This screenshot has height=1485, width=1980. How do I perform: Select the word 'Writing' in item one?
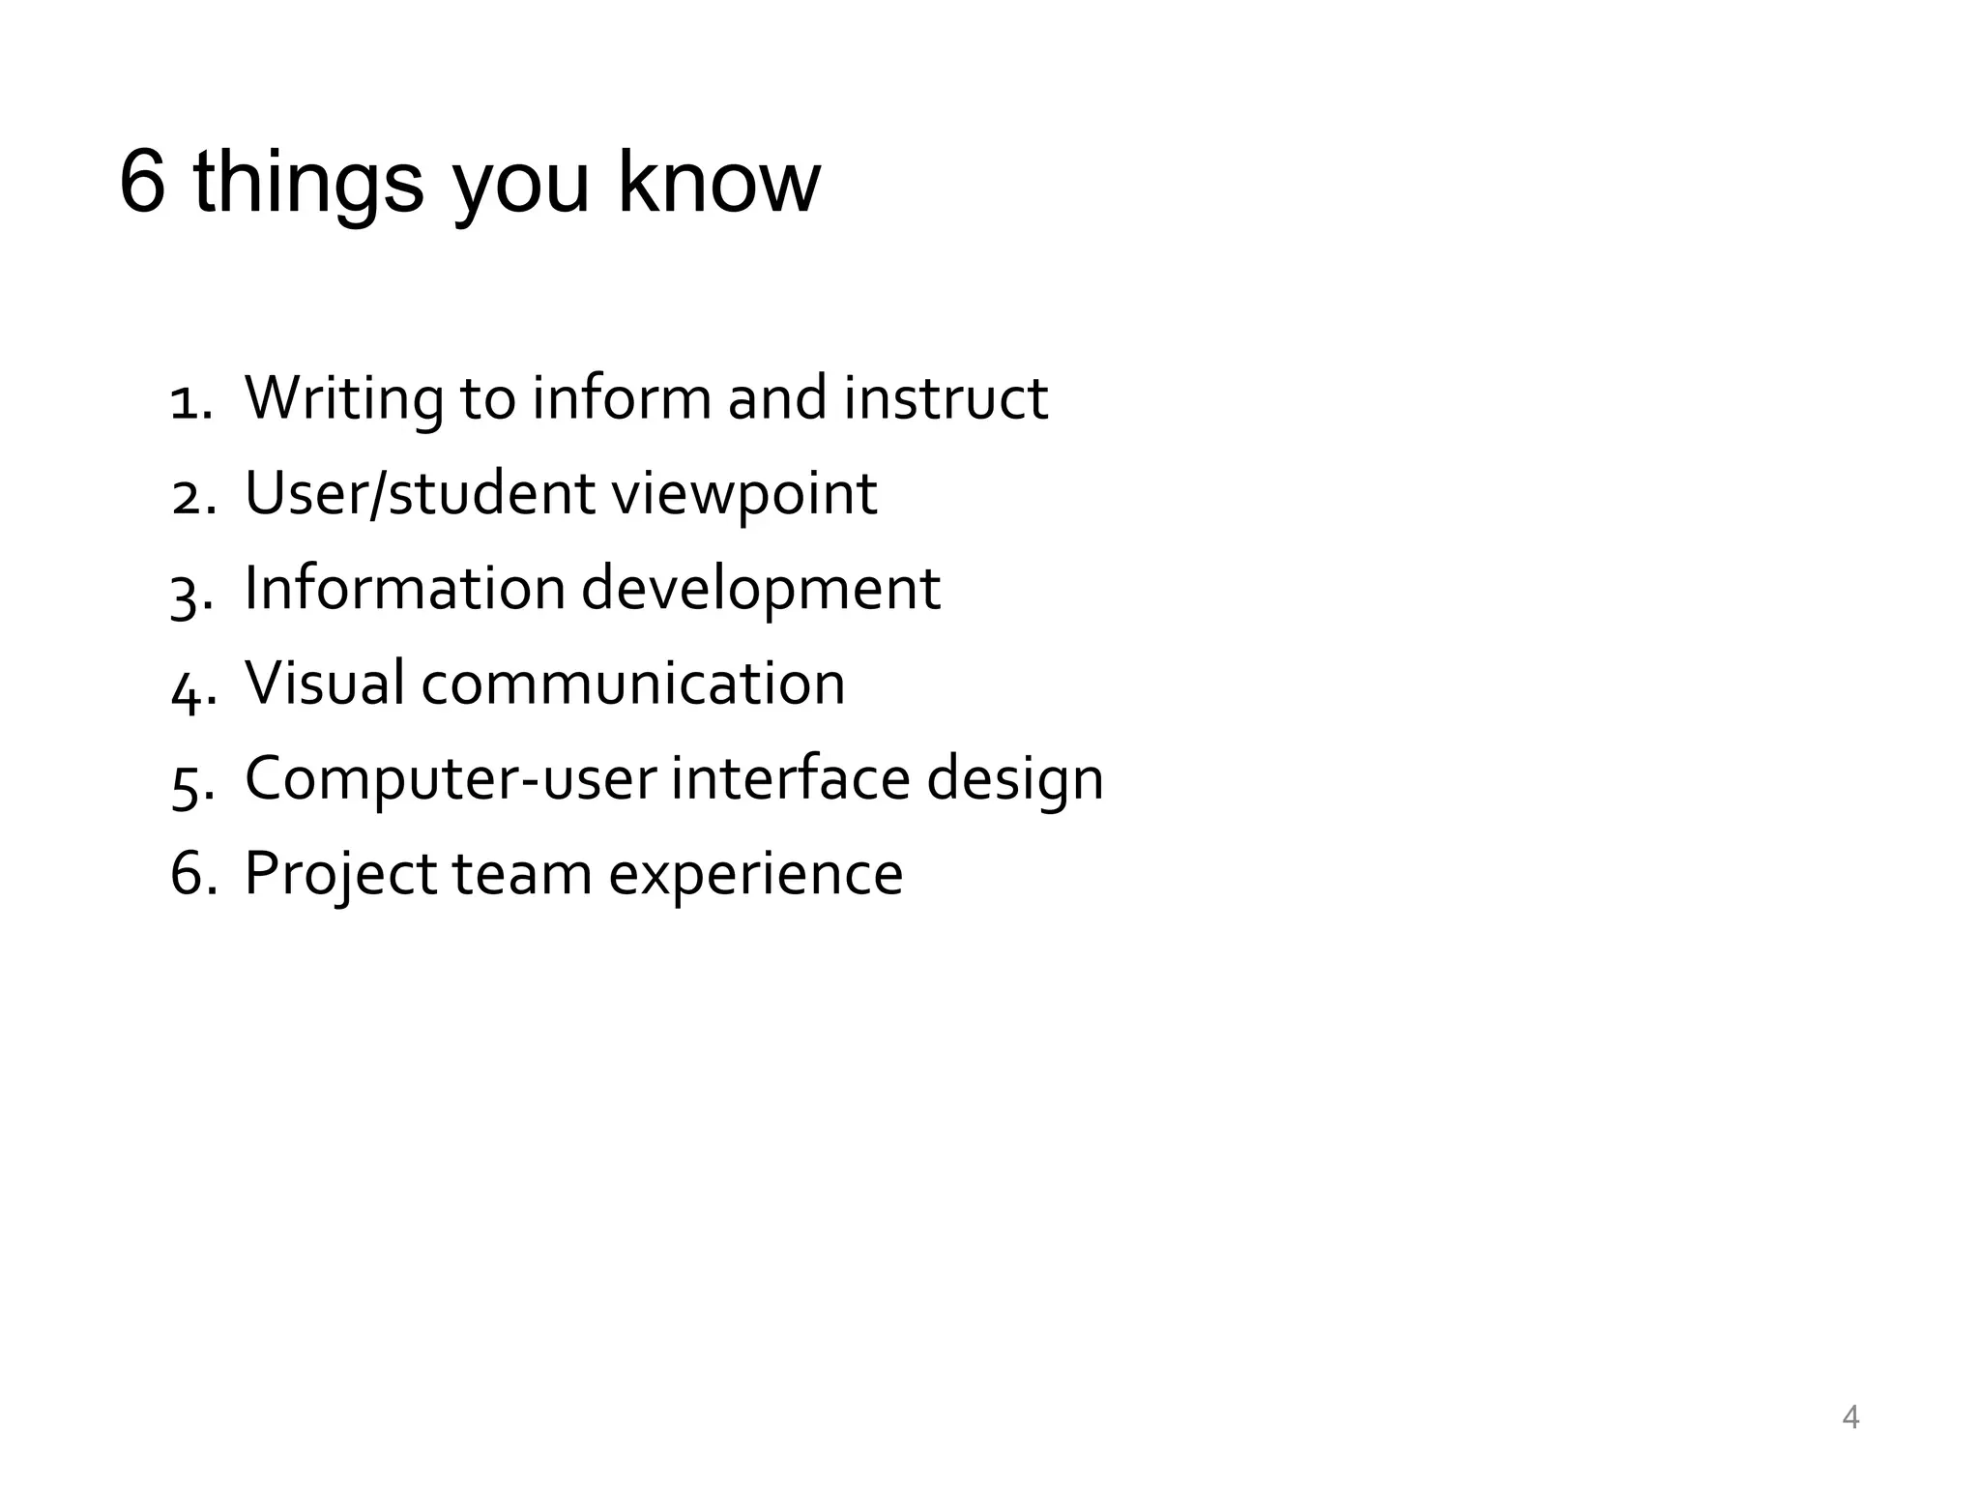(344, 398)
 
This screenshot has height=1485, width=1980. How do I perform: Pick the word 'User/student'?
(421, 494)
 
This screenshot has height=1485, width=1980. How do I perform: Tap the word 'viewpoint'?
(744, 494)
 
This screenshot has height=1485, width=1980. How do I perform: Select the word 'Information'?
(405, 588)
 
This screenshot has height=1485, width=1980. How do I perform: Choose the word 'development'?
(760, 590)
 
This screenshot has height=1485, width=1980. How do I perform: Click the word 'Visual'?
(325, 683)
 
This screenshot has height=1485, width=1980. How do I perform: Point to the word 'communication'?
(633, 684)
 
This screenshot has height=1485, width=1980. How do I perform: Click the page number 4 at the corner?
(1850, 1417)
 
